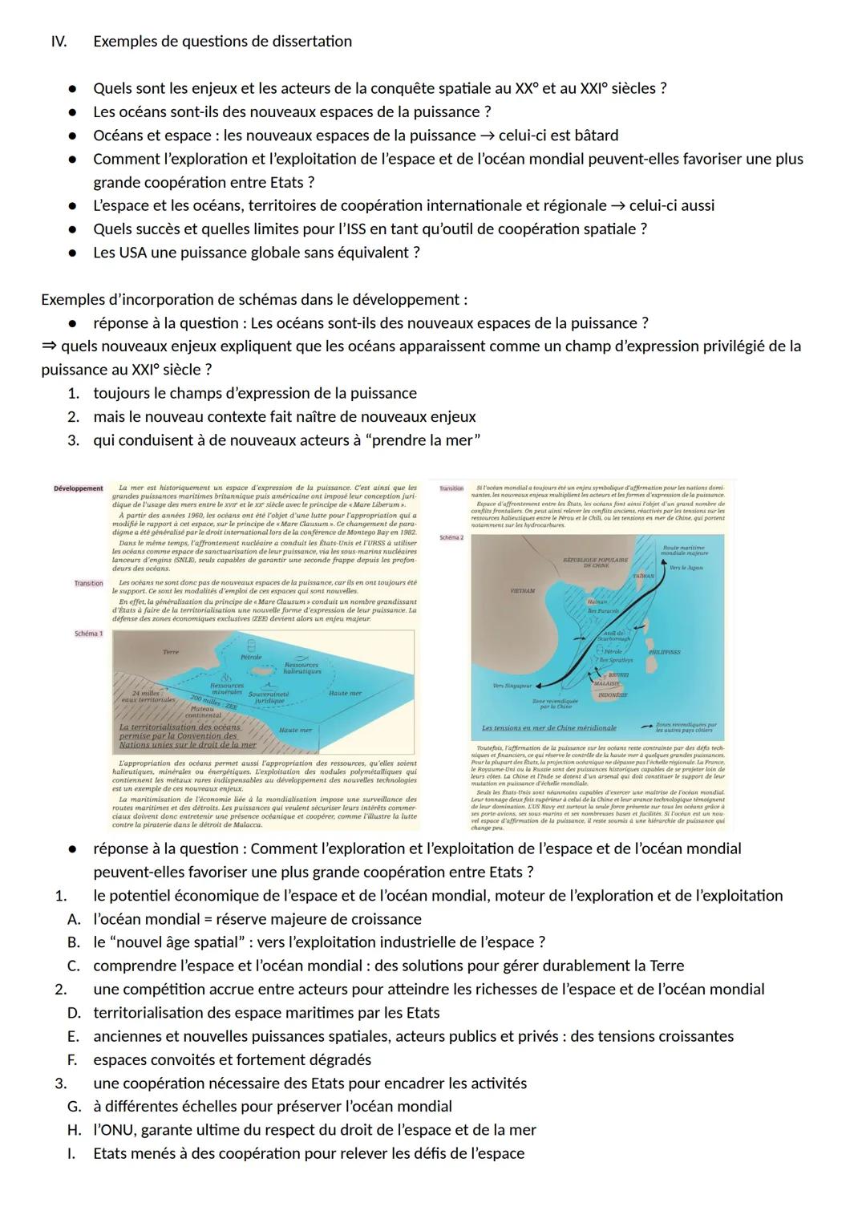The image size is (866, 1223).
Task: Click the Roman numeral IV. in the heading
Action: pyautogui.click(x=59, y=41)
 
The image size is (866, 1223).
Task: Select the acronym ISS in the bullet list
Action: pyautogui.click(x=369, y=229)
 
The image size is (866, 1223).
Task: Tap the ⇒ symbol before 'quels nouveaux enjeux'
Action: pyautogui.click(x=49, y=346)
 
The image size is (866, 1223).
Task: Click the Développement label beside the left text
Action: pyautogui.click(x=78, y=488)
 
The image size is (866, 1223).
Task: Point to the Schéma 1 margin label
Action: pyautogui.click(x=88, y=634)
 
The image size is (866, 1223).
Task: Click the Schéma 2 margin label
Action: pyautogui.click(x=451, y=537)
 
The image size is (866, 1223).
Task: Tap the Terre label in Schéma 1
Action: pyautogui.click(x=170, y=652)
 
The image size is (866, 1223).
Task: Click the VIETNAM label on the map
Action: pyautogui.click(x=522, y=590)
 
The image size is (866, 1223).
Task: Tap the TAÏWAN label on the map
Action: pyautogui.click(x=644, y=576)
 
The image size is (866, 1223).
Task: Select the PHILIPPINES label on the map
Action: pyautogui.click(x=664, y=652)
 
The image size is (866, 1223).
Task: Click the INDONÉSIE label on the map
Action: pyautogui.click(x=613, y=695)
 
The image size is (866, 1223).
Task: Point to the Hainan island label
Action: pyautogui.click(x=597, y=601)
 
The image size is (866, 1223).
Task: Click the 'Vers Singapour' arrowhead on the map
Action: pyautogui.click(x=537, y=686)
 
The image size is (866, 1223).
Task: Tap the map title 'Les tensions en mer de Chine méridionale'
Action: pyautogui.click(x=549, y=727)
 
